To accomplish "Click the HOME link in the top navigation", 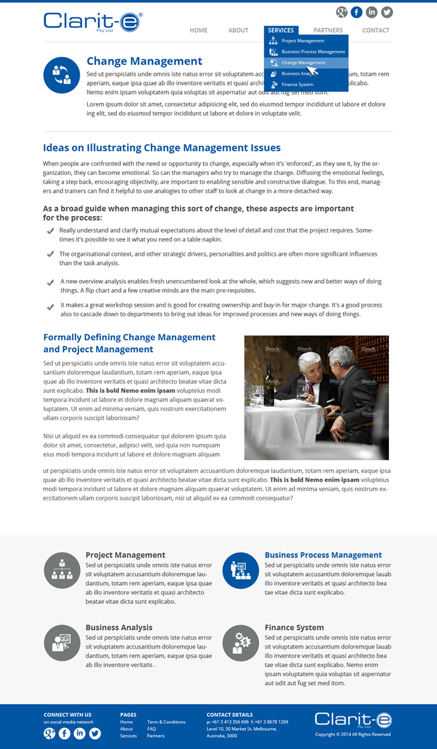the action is coord(198,31).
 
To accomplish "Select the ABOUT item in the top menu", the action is coord(238,31).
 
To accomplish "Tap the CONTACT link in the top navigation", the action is coord(376,31).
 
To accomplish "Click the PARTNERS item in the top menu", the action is coord(328,31).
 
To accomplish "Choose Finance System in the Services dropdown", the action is coord(297,85).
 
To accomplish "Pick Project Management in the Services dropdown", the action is coord(303,41).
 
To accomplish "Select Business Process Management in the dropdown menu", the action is coord(313,52).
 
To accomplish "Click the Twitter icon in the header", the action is coord(387,12).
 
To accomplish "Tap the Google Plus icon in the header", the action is coord(342,12).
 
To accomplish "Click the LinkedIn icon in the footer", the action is coord(80,733).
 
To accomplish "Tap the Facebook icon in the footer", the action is coord(64,733).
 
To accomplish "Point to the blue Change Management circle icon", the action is coord(62,75).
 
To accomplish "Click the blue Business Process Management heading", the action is coord(323,555).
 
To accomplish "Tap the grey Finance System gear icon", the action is coord(241,643).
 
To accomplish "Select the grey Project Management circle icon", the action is coord(62,570).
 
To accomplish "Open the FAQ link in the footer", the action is coord(151,729).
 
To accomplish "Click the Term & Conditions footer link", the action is coord(166,722).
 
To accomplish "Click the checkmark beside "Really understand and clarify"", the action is coord(50,231).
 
